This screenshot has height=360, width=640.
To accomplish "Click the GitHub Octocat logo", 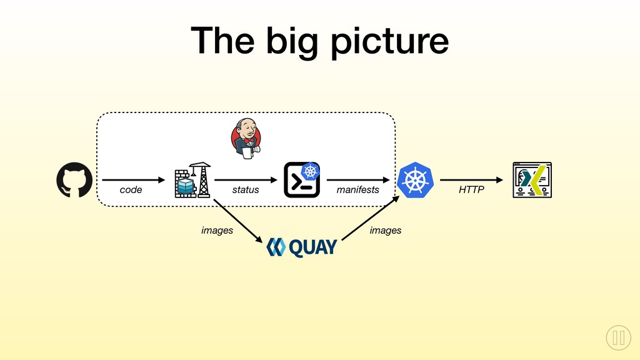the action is [74, 180].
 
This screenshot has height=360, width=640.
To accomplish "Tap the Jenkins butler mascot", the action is [246, 138].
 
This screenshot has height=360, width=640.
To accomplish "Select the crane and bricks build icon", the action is [192, 180].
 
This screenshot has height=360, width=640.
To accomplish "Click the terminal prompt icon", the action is [302, 180].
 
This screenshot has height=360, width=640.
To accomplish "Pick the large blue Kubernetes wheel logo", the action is [415, 180].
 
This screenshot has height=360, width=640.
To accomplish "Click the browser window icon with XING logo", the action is [532, 180].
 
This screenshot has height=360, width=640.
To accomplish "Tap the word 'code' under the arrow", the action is [131, 190].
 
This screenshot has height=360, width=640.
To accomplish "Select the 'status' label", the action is [245, 190].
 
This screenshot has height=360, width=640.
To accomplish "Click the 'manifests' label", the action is [357, 190].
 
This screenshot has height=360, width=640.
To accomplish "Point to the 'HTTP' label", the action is [471, 190].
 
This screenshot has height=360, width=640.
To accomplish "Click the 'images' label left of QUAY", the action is [217, 231].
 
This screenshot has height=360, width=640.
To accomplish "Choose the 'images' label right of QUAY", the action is [385, 231].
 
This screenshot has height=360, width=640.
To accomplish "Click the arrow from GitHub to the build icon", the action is [134, 180].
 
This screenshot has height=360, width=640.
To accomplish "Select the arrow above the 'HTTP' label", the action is [471, 180].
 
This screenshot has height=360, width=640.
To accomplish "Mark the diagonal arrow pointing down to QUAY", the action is [238, 221].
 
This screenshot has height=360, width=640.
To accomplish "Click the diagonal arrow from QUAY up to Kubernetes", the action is [370, 218].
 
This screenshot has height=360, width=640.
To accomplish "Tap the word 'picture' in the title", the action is [390, 41].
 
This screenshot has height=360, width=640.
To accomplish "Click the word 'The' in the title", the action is [222, 40].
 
